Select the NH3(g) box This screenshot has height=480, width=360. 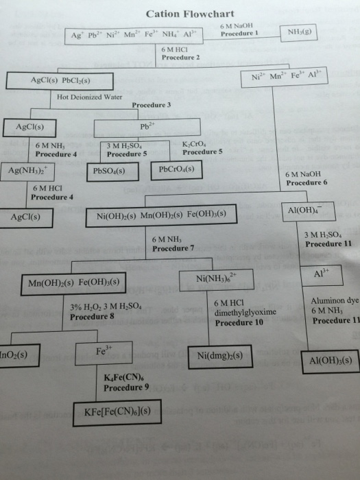tap(301, 32)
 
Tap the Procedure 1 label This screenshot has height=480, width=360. tap(238, 34)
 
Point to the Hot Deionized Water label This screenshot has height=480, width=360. tap(90, 97)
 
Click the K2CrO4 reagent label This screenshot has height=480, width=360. tap(197, 143)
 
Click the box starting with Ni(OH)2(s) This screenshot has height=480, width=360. tap(164, 217)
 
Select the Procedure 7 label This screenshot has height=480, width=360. tap(173, 248)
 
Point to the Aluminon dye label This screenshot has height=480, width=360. tap(333, 301)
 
